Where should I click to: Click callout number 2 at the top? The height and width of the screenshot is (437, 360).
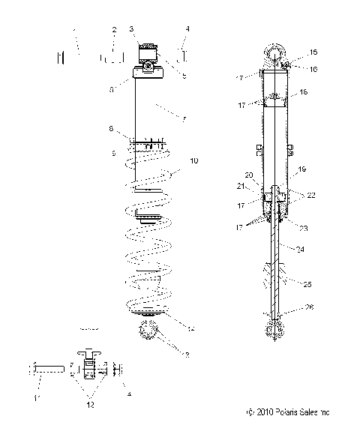pyautogui.click(x=113, y=30)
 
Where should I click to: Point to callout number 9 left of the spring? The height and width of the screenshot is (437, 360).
pyautogui.click(x=113, y=153)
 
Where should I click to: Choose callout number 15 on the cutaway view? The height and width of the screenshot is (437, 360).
pyautogui.click(x=313, y=52)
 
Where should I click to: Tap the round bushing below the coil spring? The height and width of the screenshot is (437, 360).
pyautogui.click(x=146, y=331)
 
